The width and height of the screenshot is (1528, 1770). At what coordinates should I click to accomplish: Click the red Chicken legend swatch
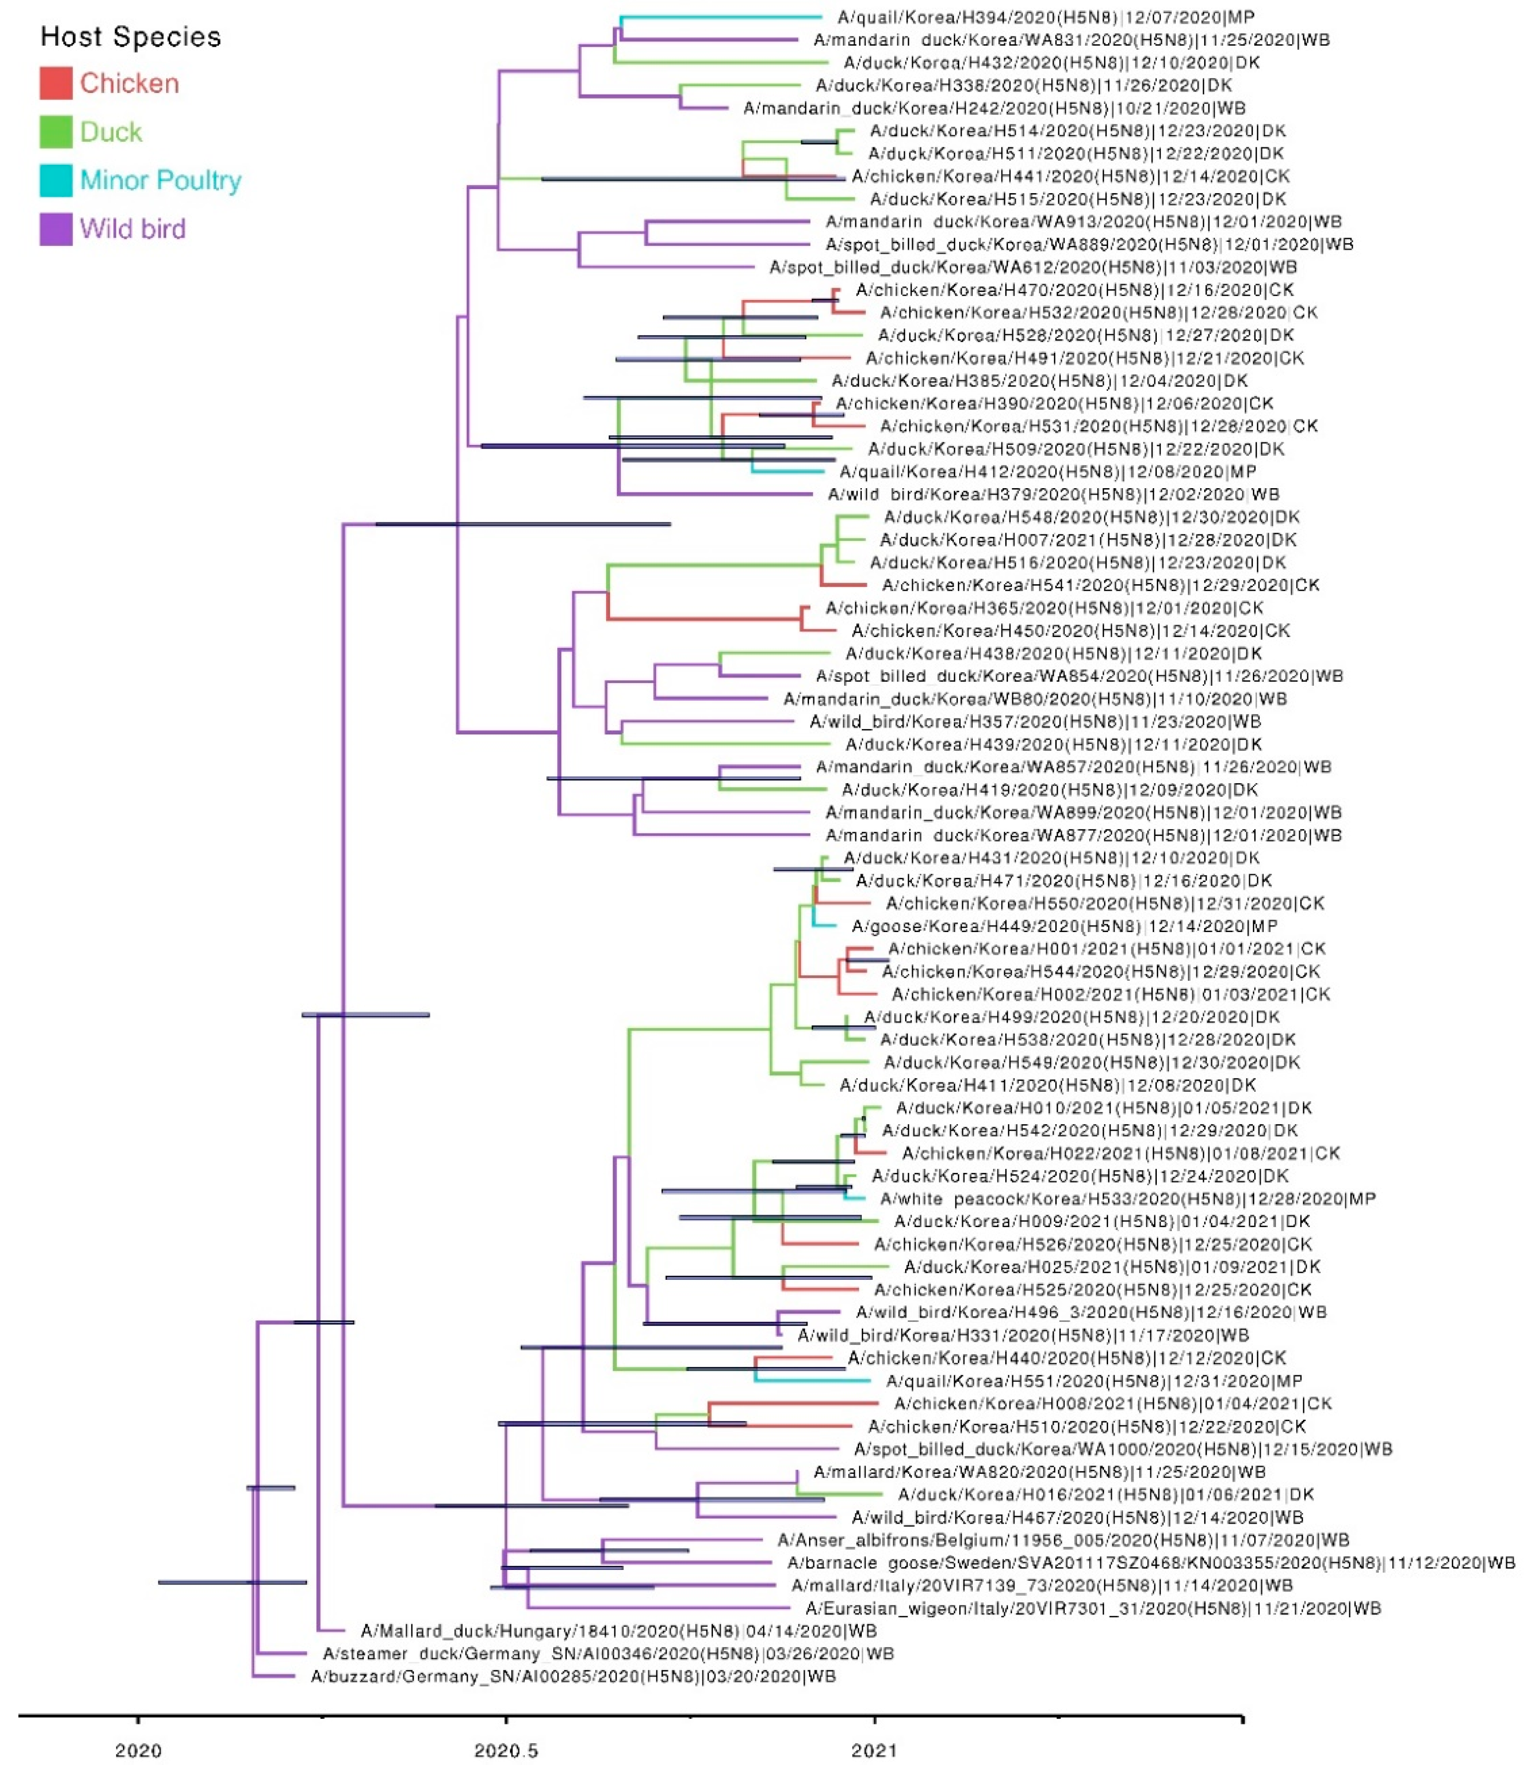tap(56, 83)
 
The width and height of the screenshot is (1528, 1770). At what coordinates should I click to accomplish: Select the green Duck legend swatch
tap(56, 131)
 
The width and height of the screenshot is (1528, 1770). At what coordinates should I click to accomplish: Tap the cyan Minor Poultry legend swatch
tap(56, 180)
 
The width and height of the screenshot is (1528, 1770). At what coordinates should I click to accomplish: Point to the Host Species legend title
tap(131, 37)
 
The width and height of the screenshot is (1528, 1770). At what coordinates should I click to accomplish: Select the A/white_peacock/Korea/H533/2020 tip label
tap(1127, 1199)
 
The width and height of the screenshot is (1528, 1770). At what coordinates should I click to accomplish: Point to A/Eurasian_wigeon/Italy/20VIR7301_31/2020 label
tap(1093, 1608)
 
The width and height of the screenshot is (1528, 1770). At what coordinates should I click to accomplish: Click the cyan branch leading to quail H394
tap(722, 16)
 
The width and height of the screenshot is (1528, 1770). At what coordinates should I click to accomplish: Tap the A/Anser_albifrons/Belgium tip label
tap(1063, 1539)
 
